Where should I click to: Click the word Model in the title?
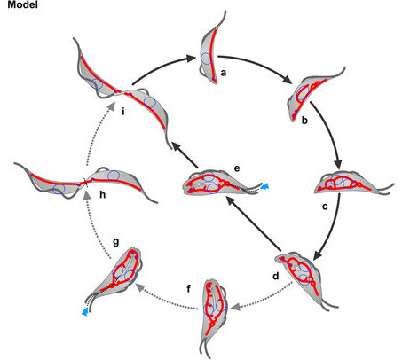pos(22,4)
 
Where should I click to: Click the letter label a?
pos(224,73)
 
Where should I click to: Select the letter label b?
pos(304,120)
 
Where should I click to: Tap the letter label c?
pos(325,207)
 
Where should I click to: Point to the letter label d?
pos(276,276)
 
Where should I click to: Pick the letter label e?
pos(237,168)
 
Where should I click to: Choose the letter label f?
pos(189,288)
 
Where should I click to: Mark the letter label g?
pos(116,242)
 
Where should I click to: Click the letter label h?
pos(103,194)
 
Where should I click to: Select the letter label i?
pos(123,112)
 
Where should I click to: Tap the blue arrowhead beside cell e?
pos(265,186)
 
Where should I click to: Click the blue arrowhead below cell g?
pos(85,312)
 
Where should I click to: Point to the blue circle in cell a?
pos(206,59)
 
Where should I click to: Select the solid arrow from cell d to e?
pos(253,224)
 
